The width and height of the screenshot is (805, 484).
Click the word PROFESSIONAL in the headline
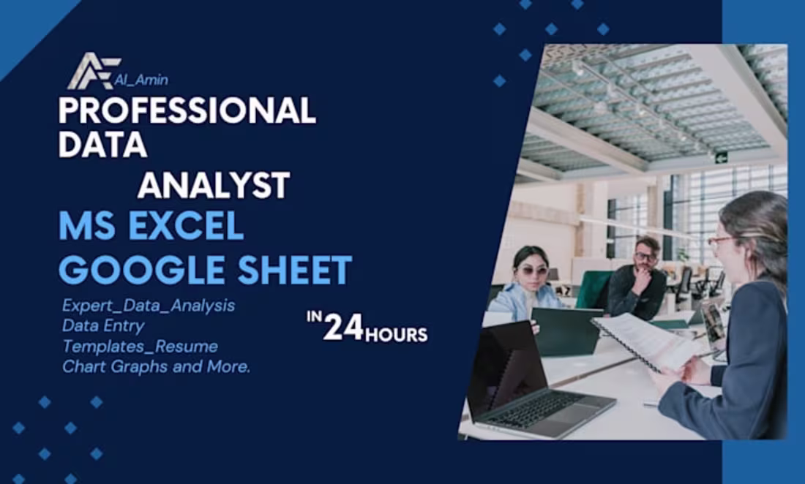(187, 110)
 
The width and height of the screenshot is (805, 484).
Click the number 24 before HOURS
(343, 328)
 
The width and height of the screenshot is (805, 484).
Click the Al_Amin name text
(141, 80)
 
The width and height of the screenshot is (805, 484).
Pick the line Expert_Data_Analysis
(149, 306)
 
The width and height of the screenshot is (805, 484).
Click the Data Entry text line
(103, 326)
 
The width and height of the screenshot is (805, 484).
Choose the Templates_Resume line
(140, 346)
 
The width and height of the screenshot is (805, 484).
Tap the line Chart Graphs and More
(156, 366)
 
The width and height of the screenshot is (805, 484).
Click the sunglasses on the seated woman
(533, 271)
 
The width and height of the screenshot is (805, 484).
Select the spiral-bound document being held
(644, 340)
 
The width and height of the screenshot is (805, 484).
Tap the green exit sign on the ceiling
(721, 156)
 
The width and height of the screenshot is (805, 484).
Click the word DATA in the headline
(102, 145)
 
